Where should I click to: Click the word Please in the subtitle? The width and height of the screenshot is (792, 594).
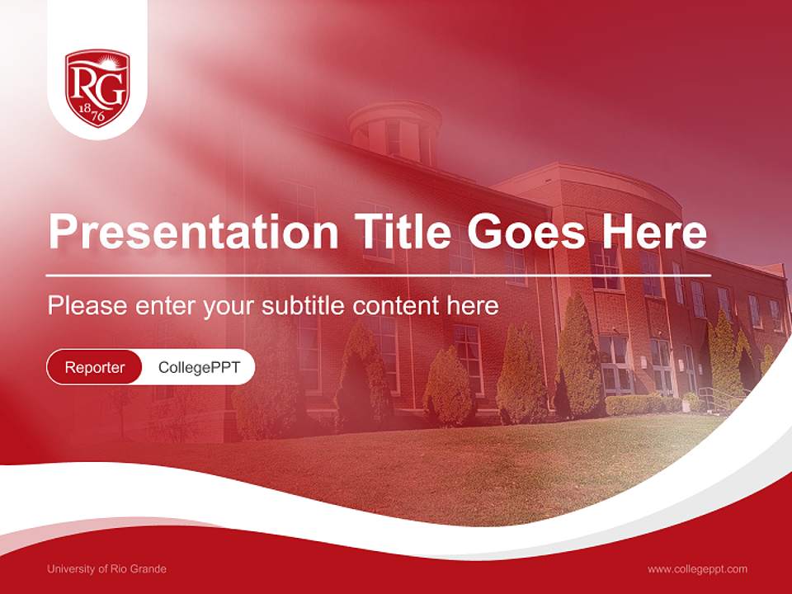87,306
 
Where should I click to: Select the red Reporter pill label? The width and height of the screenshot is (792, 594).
94,367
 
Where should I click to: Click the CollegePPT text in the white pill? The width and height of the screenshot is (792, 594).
199,367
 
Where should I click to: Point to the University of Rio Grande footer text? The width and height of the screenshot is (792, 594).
106,569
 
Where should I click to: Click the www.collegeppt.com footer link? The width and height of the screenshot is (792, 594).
697,569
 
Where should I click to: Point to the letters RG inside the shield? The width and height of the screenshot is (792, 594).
97,83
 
